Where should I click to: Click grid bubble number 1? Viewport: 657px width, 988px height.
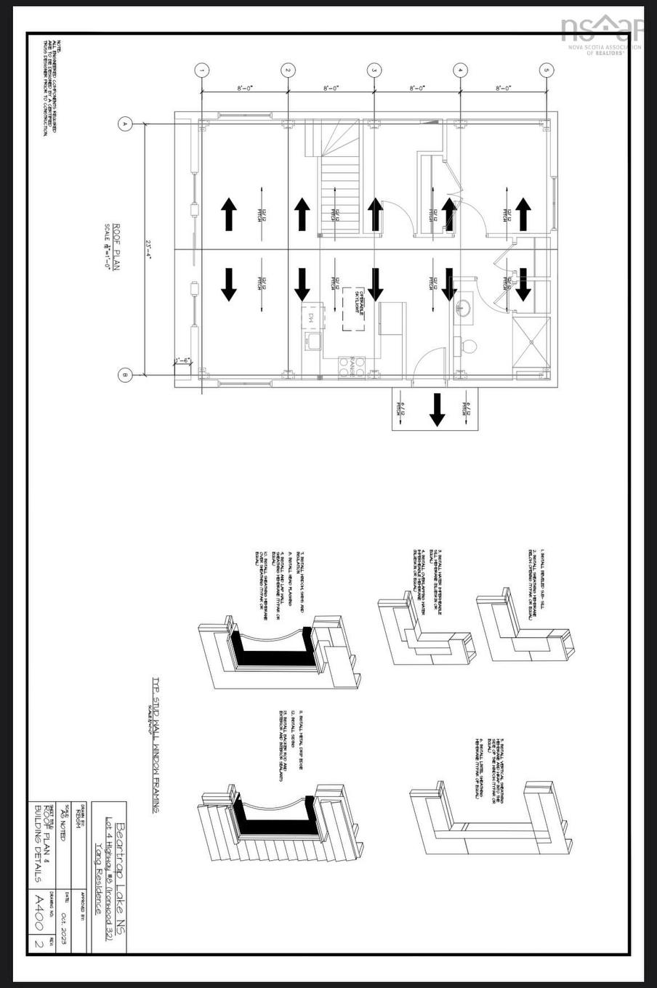click(202, 70)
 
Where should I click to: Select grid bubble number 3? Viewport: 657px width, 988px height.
click(374, 70)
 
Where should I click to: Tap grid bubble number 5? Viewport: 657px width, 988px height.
click(547, 70)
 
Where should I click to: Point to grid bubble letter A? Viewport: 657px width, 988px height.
click(125, 124)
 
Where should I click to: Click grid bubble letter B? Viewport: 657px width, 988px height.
click(125, 376)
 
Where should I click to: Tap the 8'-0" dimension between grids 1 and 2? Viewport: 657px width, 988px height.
click(245, 88)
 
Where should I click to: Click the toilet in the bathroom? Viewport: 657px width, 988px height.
click(468, 346)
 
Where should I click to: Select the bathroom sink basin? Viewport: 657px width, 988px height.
click(463, 309)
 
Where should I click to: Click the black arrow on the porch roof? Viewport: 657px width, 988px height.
click(437, 410)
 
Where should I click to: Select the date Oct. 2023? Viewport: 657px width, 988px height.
click(67, 920)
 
